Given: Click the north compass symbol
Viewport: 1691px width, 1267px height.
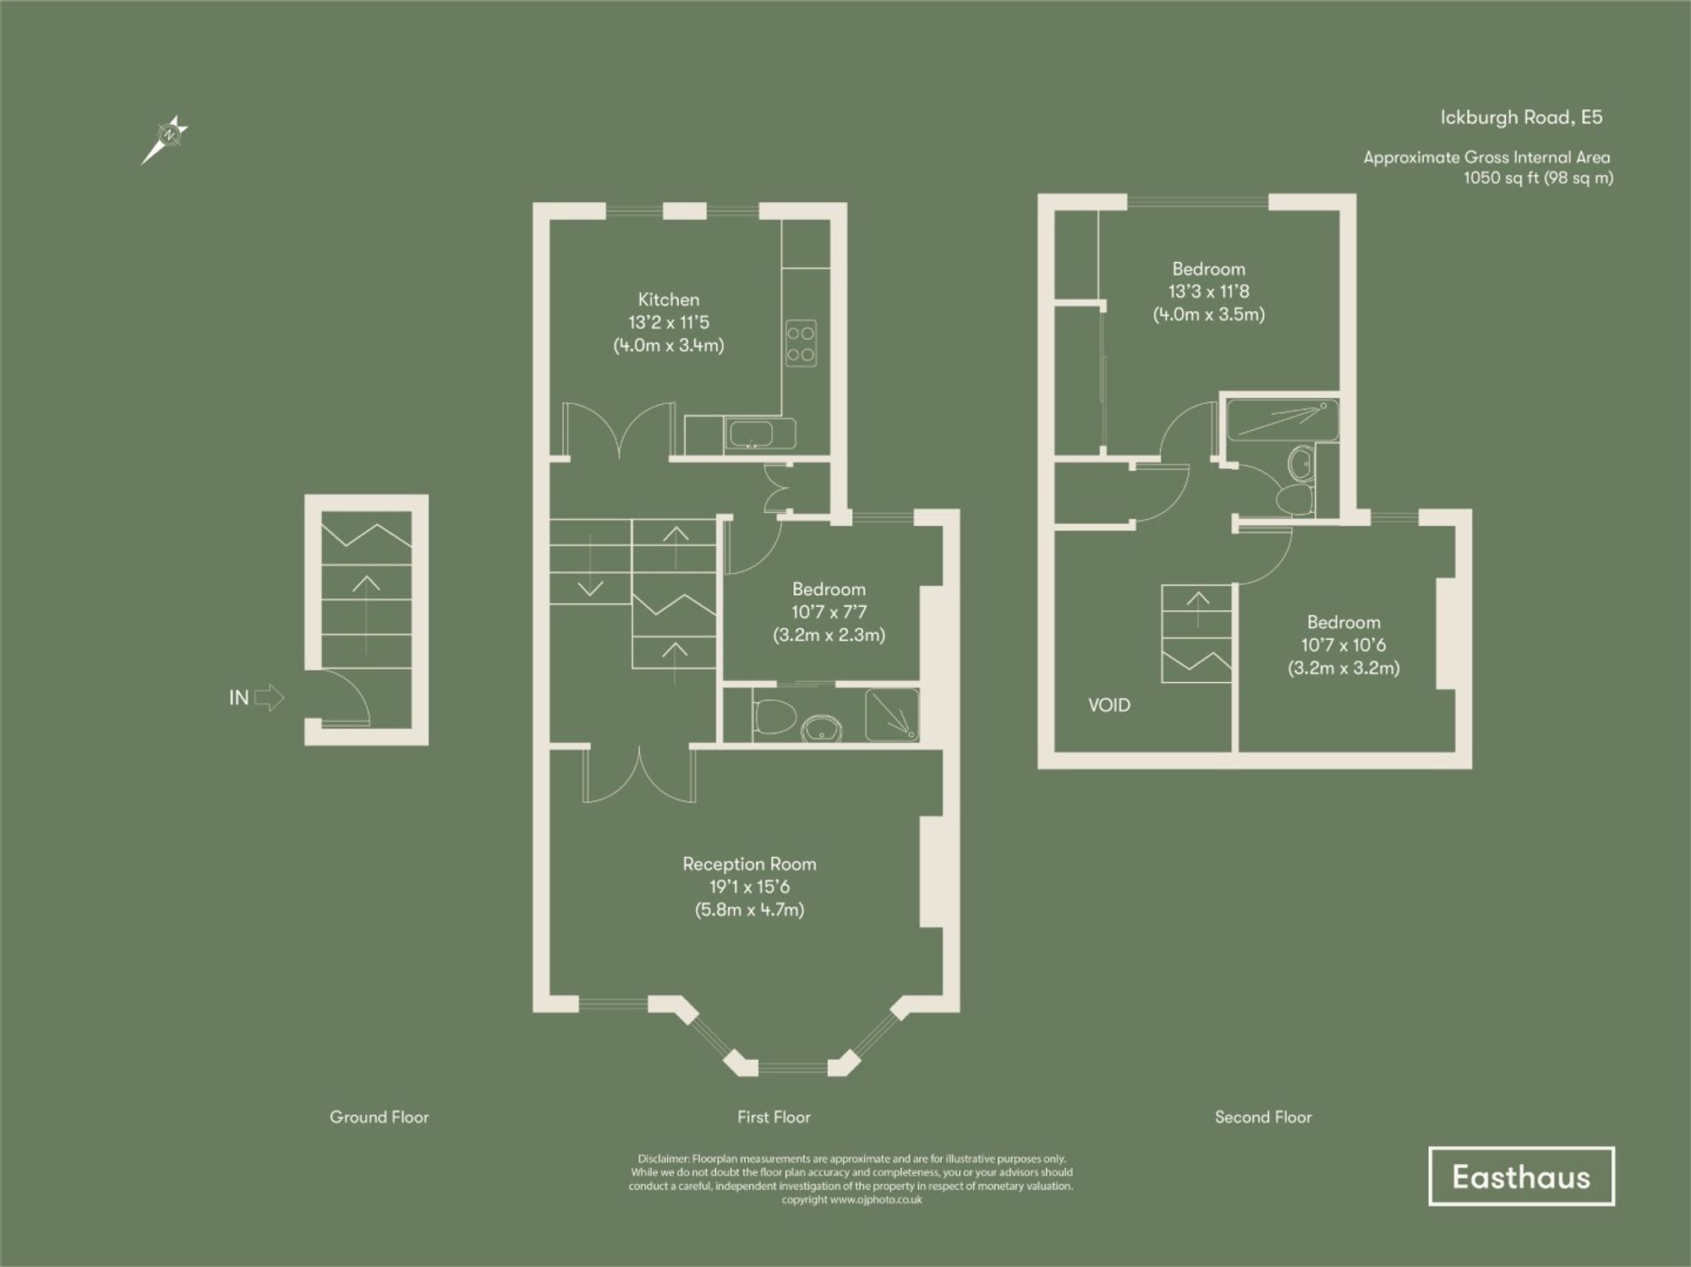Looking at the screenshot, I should pyautogui.click(x=169, y=135).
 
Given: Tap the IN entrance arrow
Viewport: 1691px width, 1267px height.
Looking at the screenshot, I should pyautogui.click(x=269, y=697).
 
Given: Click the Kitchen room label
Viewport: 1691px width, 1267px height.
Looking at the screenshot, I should pyautogui.click(x=668, y=299).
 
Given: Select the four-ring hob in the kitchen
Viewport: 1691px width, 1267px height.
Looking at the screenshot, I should pyautogui.click(x=801, y=343).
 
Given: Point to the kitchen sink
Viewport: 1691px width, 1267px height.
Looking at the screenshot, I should pyautogui.click(x=758, y=434).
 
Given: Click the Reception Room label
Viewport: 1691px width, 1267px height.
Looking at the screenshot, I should pyautogui.click(x=749, y=864).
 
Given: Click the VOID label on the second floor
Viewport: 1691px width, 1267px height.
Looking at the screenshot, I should pyautogui.click(x=1108, y=705).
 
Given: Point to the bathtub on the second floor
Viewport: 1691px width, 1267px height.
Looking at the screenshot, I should pyautogui.click(x=1282, y=421).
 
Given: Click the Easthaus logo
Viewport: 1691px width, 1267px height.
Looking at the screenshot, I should pyautogui.click(x=1521, y=1177).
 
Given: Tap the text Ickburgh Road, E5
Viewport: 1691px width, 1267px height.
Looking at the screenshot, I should pyautogui.click(x=1521, y=117).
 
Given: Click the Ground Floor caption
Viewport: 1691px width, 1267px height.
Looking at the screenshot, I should pyautogui.click(x=379, y=1117).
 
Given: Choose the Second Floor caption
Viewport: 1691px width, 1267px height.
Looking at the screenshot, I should pyautogui.click(x=1263, y=1117).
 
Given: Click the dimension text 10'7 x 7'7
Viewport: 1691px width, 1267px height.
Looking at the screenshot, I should pyautogui.click(x=829, y=612).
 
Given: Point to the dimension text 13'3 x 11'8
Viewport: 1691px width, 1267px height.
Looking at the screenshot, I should pyautogui.click(x=1208, y=292).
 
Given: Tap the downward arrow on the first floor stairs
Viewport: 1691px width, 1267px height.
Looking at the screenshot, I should pyautogui.click(x=589, y=587).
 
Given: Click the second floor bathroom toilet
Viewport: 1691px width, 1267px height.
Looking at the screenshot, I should pyautogui.click(x=1293, y=498).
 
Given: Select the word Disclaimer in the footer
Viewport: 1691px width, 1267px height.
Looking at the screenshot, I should pyautogui.click(x=663, y=1159).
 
